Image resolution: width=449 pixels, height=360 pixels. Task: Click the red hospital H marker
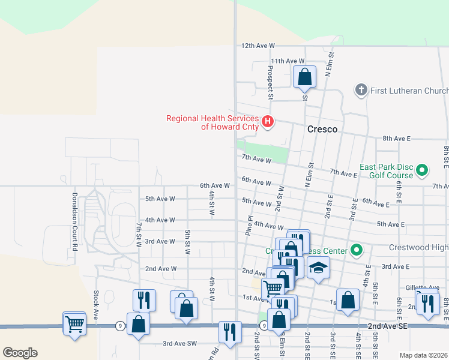(x=268, y=122)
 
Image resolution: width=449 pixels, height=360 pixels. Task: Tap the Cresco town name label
(x=322, y=129)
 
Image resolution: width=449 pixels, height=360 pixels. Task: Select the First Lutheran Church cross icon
(x=361, y=90)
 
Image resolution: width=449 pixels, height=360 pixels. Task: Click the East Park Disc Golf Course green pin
(x=421, y=171)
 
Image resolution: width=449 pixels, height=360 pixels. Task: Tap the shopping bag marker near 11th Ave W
(x=304, y=77)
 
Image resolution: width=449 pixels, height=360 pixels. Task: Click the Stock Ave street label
(x=96, y=305)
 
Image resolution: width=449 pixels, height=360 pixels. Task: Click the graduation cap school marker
(x=319, y=268)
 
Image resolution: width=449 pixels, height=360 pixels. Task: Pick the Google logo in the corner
(x=20, y=353)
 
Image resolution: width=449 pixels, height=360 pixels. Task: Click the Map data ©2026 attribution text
(x=423, y=355)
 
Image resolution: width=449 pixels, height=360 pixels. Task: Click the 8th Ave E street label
(x=393, y=139)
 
